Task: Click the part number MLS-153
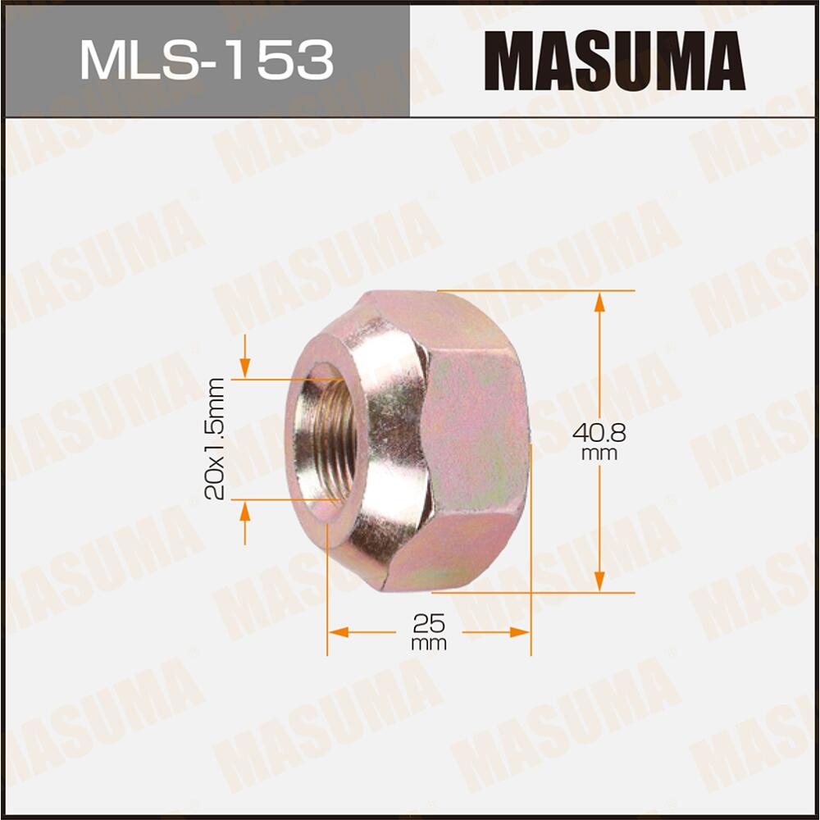pos(206,59)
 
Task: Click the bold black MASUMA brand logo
pos(614,59)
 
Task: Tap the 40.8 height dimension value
pos(599,432)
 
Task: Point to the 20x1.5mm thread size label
pos(216,439)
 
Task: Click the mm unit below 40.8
pos(599,453)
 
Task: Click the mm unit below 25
pos(429,644)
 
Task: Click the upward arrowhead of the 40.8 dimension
pos(599,302)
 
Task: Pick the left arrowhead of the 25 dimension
pos(338,632)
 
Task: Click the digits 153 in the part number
pos(284,59)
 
